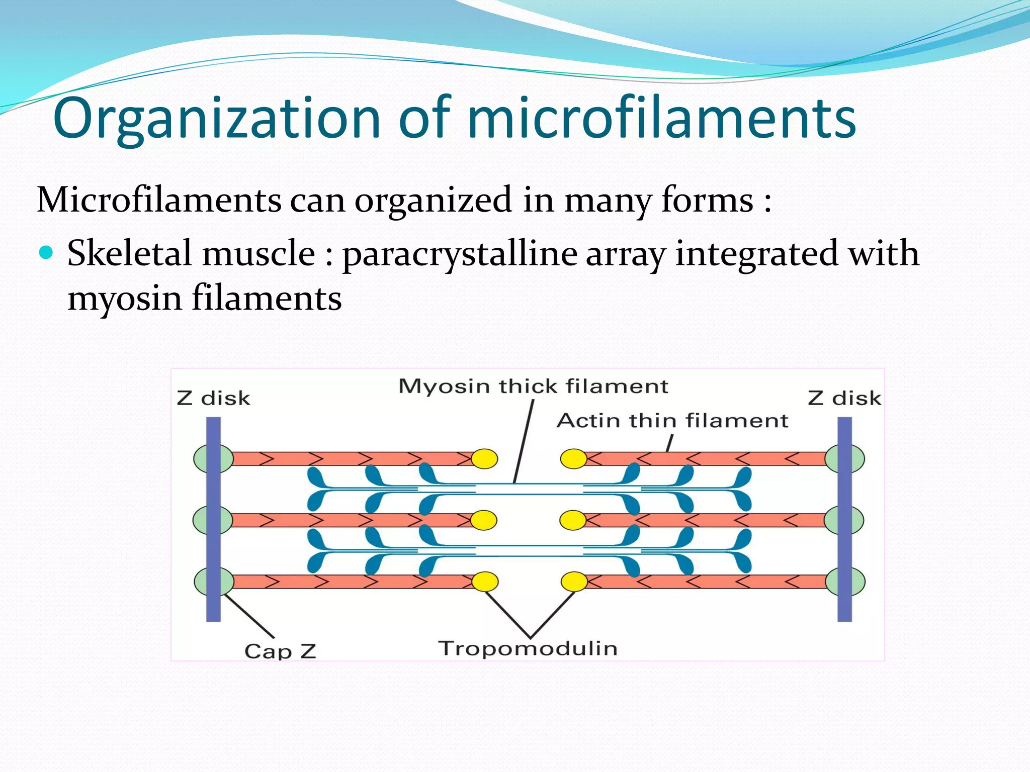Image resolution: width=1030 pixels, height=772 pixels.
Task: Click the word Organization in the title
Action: [x=216, y=119]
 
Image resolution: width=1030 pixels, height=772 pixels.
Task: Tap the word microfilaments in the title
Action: [x=661, y=119]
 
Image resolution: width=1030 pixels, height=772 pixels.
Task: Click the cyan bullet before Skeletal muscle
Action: [x=46, y=252]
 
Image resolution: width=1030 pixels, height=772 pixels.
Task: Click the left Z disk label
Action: [x=213, y=398]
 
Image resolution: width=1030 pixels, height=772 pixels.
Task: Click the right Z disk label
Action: [x=844, y=398]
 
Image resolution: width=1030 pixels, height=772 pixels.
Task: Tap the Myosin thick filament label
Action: [x=533, y=387]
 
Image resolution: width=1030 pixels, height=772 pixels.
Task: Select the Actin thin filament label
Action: [x=672, y=421]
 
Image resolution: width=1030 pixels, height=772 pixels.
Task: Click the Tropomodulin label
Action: [x=528, y=648]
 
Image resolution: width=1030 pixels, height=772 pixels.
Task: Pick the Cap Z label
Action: [x=280, y=651]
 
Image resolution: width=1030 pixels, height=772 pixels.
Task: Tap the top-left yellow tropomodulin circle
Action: [x=484, y=458]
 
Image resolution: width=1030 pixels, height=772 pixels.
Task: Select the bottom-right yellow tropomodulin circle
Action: [x=574, y=582]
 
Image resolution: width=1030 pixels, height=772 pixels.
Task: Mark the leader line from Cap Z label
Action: [x=248, y=616]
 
